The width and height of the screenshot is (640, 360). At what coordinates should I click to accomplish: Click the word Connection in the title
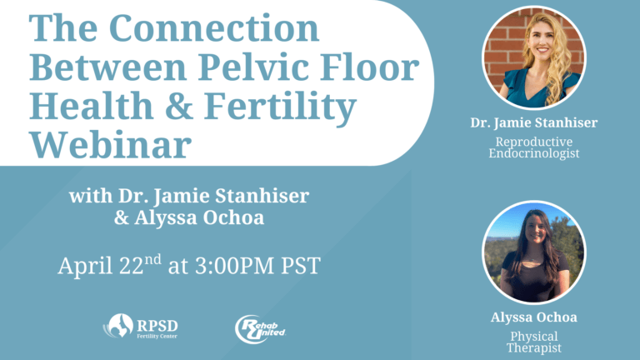214,28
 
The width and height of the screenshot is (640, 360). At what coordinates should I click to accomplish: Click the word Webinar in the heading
110,144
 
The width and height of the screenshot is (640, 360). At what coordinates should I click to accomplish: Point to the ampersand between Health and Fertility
179,106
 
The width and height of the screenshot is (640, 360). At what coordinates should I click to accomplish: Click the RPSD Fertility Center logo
140,326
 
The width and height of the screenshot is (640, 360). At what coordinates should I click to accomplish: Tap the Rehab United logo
260,329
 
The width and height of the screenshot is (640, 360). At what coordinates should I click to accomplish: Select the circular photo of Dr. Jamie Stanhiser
534,57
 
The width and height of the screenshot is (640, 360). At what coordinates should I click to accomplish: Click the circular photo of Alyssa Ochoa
534,252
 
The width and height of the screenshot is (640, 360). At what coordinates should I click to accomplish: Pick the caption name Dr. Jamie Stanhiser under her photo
534,122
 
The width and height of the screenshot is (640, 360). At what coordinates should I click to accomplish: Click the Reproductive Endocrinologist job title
534,147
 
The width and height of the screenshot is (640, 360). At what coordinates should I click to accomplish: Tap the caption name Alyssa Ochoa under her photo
534,317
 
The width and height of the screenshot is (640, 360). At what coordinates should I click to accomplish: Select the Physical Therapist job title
534,342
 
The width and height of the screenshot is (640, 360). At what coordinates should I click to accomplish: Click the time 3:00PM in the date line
235,266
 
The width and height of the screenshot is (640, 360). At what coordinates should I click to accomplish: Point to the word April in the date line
86,267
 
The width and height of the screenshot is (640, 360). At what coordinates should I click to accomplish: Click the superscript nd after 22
153,259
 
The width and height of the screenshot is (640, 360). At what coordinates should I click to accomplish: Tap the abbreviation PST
301,266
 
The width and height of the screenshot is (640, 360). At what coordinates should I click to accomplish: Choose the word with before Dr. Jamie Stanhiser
91,196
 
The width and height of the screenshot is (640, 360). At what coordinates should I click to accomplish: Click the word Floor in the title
369,67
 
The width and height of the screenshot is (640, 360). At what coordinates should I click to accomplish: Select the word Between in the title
108,67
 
